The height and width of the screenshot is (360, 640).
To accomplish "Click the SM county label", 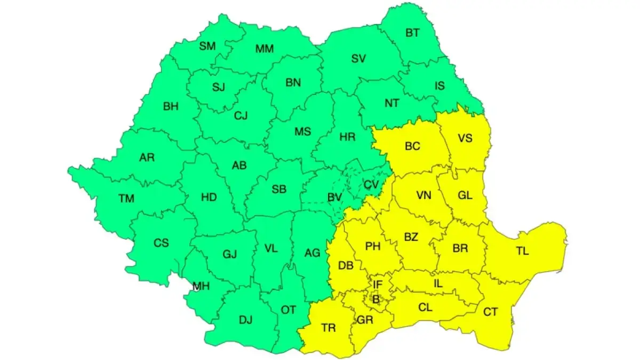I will click(207, 46).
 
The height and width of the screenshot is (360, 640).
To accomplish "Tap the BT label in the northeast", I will click(412, 33).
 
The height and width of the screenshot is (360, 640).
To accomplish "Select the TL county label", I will click(523, 251).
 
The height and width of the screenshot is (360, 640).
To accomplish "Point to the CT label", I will click(490, 311).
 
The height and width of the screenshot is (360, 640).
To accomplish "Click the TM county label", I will click(126, 199).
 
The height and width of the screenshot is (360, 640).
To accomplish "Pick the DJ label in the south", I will click(245, 320).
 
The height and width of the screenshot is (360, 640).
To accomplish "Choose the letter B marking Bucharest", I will click(375, 300).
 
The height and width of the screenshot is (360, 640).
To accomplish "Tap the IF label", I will click(378, 285).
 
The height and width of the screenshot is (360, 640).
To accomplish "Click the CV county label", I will click(371, 185).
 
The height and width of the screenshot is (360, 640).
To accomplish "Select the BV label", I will click(334, 198).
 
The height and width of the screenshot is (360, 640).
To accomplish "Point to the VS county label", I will click(465, 138).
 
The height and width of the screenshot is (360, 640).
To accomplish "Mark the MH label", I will click(201, 286).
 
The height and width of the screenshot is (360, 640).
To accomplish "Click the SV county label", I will click(358, 59).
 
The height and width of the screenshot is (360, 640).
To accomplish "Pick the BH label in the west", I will click(171, 107).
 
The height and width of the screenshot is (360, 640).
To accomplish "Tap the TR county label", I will click(329, 328).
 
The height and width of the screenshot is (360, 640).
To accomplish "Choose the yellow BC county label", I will click(412, 146).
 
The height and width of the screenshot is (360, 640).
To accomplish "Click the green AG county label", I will click(312, 253).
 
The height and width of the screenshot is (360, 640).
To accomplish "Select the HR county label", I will click(347, 137).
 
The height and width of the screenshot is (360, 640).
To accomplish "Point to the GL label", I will click(465, 195).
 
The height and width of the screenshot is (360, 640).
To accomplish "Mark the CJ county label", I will click(241, 115).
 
